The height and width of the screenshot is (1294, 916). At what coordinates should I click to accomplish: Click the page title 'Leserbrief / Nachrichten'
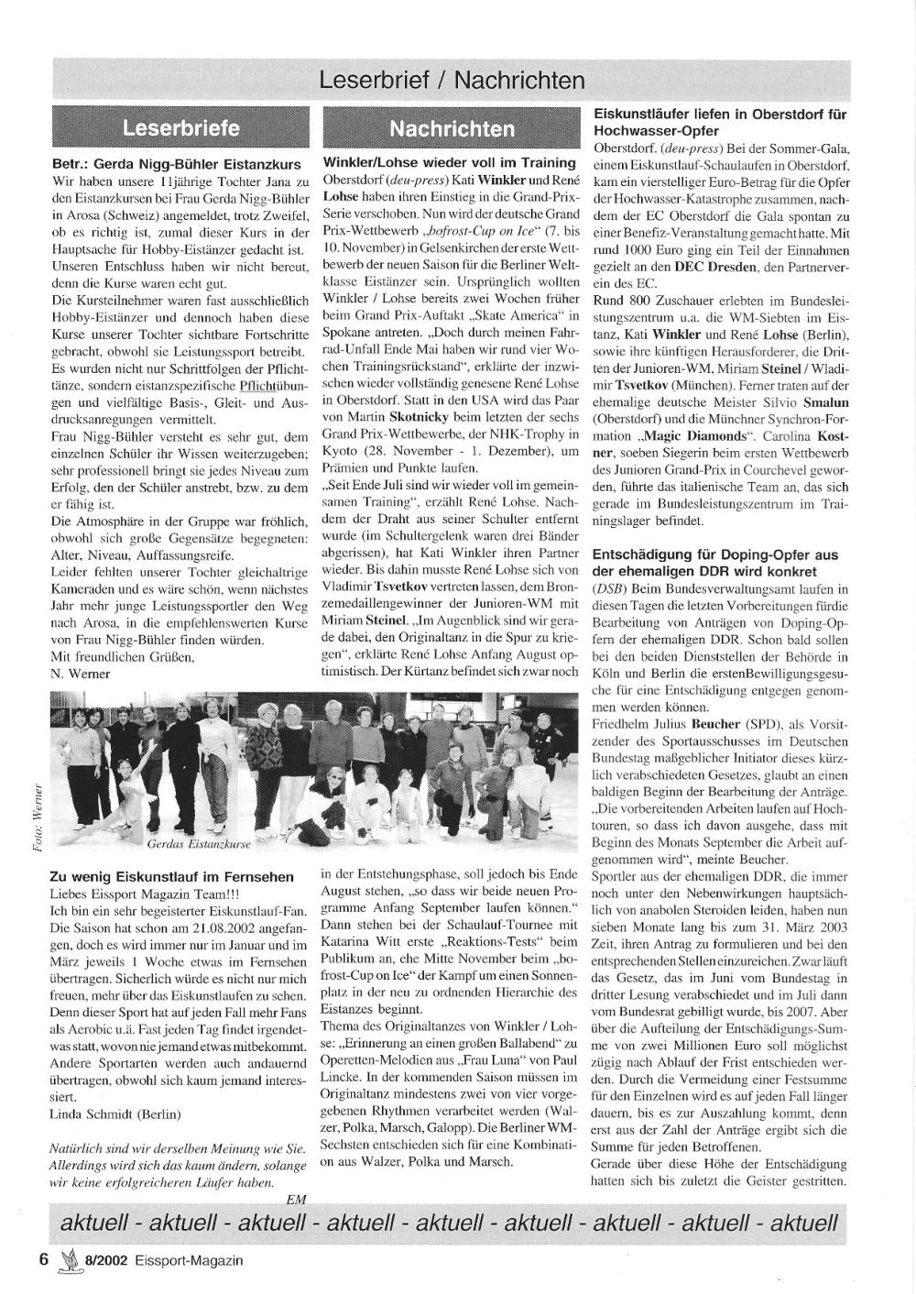[x=452, y=81]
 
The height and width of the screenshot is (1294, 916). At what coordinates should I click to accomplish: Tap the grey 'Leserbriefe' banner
[x=180, y=127]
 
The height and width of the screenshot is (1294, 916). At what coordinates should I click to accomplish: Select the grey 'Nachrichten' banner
[x=452, y=128]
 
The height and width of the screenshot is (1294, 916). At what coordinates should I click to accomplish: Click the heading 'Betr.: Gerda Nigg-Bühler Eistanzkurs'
[x=176, y=165]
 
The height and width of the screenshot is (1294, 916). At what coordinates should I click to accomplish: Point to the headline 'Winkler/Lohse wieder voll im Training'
[x=449, y=162]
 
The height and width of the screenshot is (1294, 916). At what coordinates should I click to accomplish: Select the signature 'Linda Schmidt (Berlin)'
[x=115, y=1114]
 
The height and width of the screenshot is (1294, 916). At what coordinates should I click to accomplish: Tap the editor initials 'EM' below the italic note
[x=296, y=1199]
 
